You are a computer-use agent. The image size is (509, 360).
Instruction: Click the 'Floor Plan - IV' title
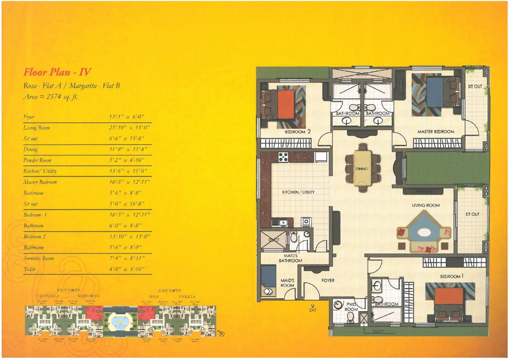[57, 72]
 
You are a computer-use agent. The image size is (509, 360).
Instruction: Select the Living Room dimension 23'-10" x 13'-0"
[129, 128]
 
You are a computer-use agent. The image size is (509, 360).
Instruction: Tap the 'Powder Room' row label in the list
[37, 160]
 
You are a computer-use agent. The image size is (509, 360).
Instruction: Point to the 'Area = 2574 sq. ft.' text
[50, 97]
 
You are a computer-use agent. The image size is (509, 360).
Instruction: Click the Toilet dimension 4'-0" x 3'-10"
[127, 269]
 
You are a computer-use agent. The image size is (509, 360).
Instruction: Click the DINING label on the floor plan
[362, 169]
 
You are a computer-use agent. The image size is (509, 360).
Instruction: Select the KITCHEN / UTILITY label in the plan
[298, 192]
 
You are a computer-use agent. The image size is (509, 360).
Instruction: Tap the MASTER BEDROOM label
[436, 132]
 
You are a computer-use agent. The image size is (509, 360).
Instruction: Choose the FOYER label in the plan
[328, 280]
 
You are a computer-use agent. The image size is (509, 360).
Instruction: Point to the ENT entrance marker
[313, 308]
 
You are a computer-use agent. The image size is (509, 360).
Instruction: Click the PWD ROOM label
[351, 307]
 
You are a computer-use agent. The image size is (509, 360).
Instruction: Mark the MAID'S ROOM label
[287, 283]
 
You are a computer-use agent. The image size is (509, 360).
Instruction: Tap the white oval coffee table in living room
[424, 232]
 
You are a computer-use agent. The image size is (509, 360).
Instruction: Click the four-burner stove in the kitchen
[283, 157]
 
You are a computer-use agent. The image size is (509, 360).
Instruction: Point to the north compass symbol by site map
[222, 334]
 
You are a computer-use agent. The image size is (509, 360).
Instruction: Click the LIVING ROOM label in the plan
[426, 205]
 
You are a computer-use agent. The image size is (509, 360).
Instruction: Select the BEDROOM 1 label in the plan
[452, 276]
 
